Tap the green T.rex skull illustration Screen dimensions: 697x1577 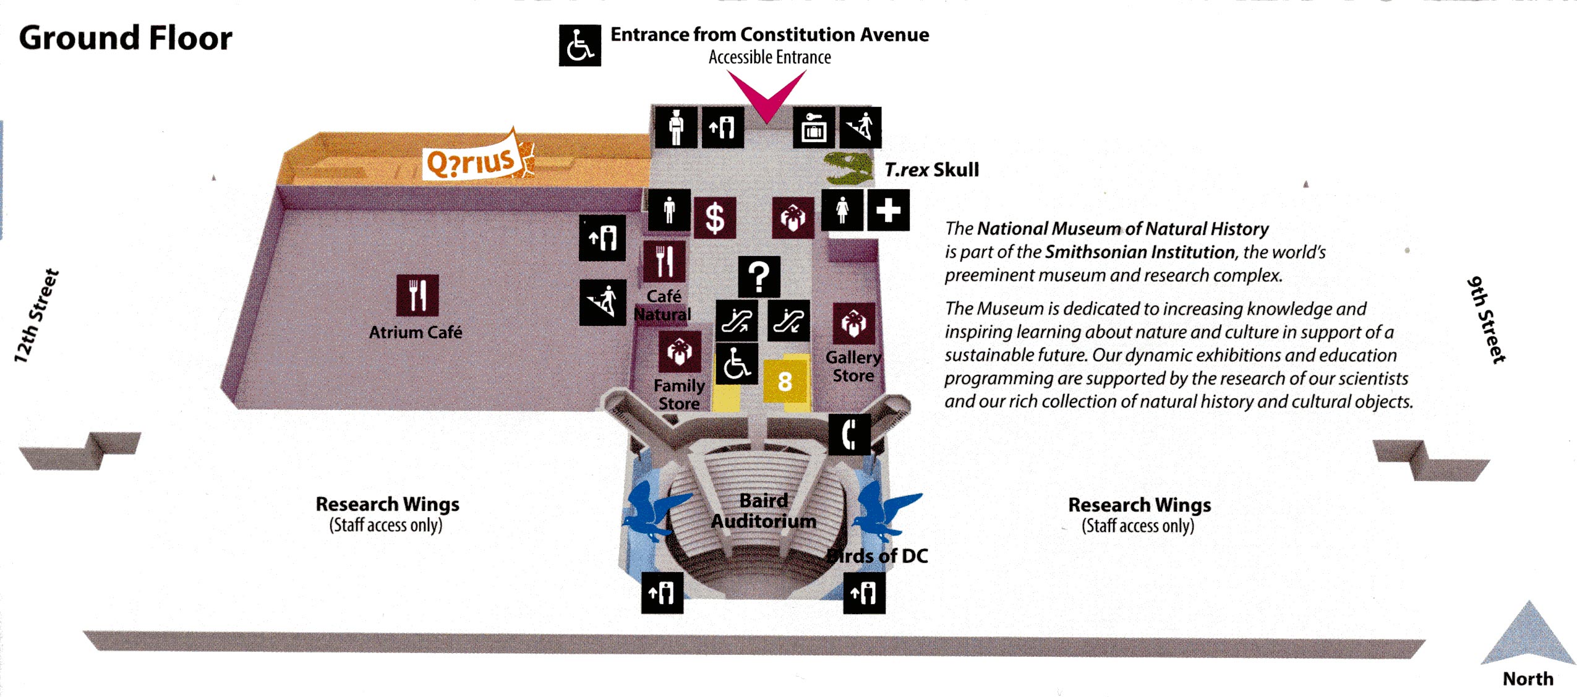849,168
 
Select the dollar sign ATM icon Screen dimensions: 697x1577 715,218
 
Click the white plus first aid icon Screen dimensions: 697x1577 888,210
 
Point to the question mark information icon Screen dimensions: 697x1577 759,276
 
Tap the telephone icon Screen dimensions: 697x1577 849,434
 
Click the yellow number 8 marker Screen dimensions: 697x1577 785,381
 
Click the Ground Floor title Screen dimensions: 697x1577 126,38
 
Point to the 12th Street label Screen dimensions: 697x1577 36,315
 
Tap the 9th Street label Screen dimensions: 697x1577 1486,319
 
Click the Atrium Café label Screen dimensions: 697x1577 416,332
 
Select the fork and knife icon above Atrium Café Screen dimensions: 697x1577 417,295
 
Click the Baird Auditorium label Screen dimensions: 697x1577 764,511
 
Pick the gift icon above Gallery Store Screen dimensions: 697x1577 853,323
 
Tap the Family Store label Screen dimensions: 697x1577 679,395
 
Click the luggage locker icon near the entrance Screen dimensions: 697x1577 814,127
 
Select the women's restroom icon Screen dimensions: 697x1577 842,210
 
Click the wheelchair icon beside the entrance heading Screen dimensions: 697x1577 579,45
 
